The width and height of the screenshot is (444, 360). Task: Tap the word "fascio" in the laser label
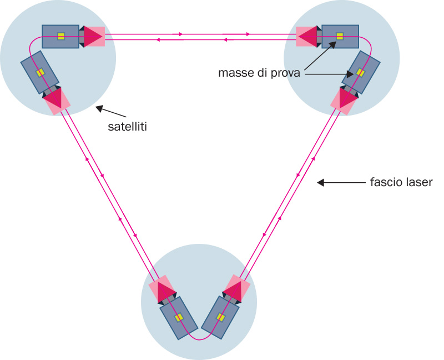(x=382, y=182)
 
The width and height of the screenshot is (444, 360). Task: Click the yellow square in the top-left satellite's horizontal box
(x=61, y=37)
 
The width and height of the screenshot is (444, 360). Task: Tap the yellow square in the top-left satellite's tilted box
(x=40, y=72)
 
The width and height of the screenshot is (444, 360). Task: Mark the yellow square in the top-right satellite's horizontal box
(x=340, y=37)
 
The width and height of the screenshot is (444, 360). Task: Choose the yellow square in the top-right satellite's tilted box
(x=360, y=72)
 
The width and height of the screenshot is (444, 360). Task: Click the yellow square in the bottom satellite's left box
(x=179, y=317)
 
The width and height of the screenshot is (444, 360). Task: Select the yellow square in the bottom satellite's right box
(x=220, y=317)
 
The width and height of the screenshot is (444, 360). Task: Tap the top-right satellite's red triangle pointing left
(x=307, y=37)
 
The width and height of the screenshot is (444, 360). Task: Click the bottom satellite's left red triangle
(x=164, y=291)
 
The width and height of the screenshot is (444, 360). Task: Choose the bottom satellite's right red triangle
(x=235, y=289)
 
